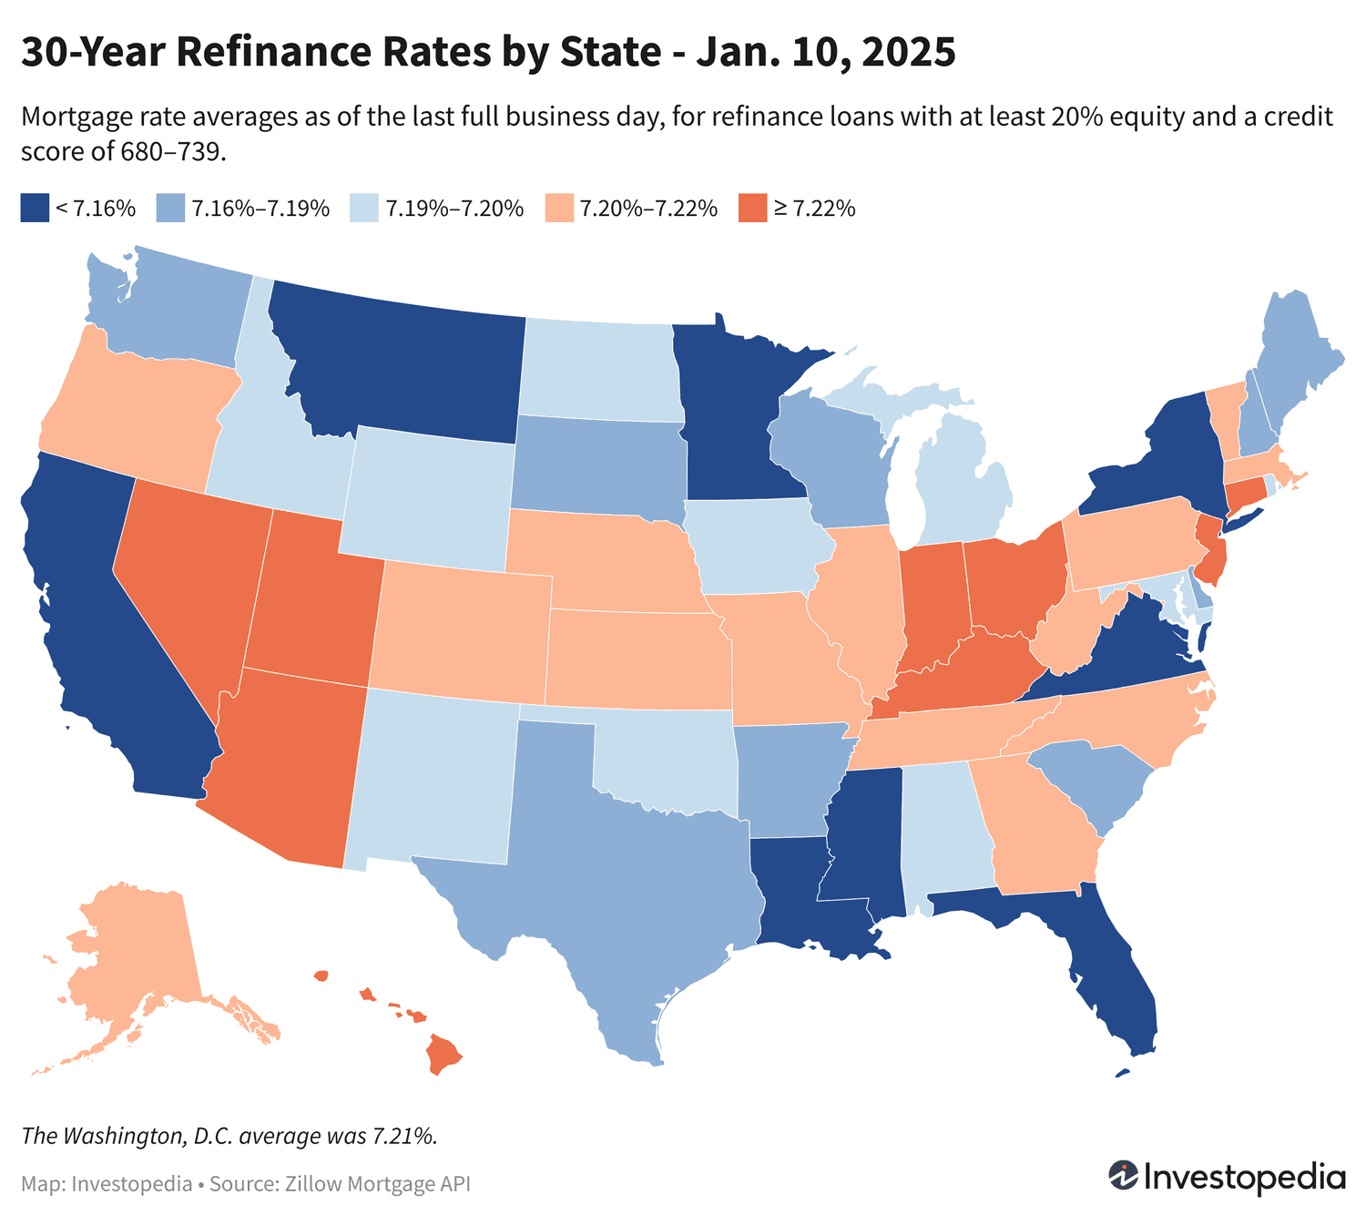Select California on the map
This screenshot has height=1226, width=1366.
coord(100,619)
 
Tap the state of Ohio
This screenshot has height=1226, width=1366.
coord(1011,583)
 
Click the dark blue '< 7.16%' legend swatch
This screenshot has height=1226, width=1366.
coord(34,208)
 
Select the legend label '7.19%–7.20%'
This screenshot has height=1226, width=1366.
coord(454,209)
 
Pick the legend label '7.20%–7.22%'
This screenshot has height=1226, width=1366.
coord(648,209)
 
